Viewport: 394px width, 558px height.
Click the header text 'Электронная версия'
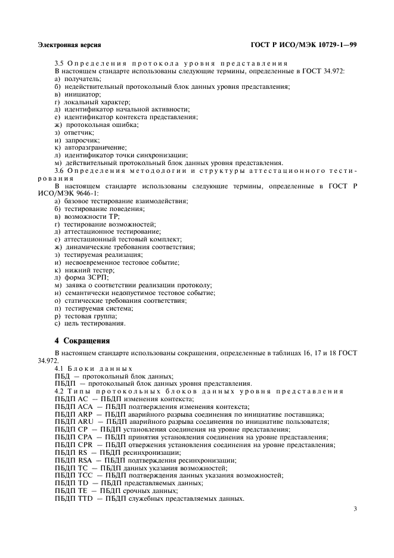tap(69, 45)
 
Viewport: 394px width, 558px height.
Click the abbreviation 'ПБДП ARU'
tap(73, 421)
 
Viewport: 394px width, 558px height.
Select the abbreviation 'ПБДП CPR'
tap(73, 445)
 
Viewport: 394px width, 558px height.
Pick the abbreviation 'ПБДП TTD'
tap(74, 498)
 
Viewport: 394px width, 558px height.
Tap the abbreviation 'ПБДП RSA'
tap(73, 460)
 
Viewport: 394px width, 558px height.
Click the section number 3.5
tap(60, 64)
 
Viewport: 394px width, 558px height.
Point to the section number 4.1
tap(60, 368)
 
